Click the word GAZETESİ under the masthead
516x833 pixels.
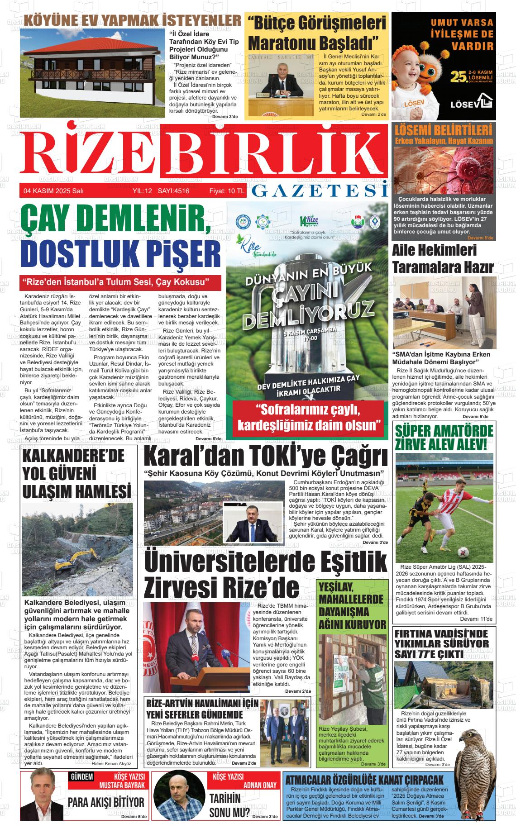click(x=320, y=191)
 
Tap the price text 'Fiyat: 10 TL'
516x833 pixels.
click(x=226, y=191)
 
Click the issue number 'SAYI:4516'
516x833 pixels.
click(x=173, y=191)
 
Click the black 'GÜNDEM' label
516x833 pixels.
click(x=81, y=777)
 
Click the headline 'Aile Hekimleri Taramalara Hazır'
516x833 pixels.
click(x=442, y=258)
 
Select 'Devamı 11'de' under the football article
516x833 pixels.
click(x=475, y=619)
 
